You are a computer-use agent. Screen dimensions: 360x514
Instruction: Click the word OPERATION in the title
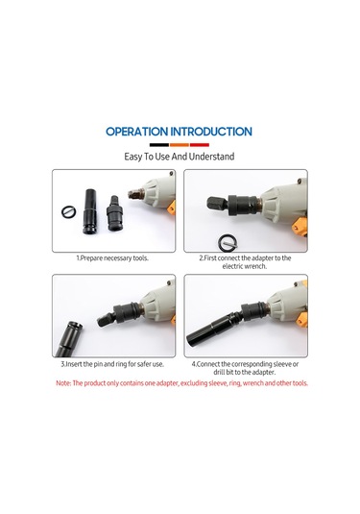click(136, 132)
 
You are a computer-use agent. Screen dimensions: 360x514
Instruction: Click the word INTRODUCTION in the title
click(211, 132)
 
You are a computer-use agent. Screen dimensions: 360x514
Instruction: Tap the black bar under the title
click(159, 145)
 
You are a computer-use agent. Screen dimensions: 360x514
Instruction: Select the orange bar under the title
click(180, 145)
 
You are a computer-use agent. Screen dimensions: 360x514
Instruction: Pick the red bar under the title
click(200, 145)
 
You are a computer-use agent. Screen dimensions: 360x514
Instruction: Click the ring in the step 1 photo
click(69, 212)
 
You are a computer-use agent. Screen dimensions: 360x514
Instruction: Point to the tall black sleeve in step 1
click(89, 211)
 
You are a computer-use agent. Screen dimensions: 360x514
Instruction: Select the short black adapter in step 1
click(114, 213)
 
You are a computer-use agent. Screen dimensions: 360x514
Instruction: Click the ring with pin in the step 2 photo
click(227, 242)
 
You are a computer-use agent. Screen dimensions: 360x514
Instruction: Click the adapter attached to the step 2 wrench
click(232, 205)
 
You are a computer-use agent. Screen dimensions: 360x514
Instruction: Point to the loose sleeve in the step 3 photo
click(69, 339)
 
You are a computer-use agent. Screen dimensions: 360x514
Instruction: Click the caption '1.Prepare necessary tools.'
click(112, 258)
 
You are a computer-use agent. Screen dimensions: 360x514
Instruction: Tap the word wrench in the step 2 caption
click(255, 266)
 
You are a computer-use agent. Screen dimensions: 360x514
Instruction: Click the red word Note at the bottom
click(63, 383)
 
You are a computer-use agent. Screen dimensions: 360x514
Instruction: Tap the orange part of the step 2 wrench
click(300, 226)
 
